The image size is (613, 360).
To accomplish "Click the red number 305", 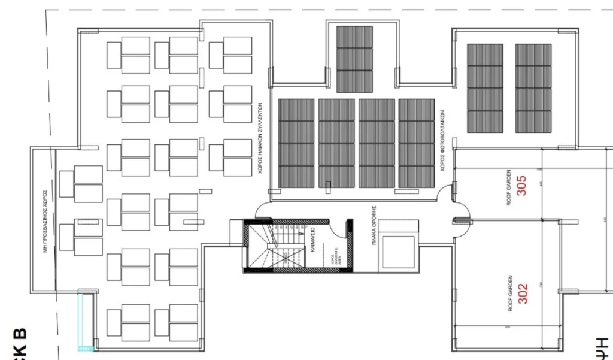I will (522, 186).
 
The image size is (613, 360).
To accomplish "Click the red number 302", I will (523, 293).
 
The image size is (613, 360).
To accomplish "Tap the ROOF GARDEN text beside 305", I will (509, 187).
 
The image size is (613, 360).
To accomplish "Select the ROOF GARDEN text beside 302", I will (510, 293).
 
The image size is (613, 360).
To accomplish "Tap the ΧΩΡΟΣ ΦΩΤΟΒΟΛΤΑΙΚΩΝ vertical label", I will (442, 141).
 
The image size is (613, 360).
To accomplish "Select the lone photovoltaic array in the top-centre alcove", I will (354, 59).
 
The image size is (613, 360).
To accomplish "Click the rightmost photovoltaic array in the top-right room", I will (533, 88).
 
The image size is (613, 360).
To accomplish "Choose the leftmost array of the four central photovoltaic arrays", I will (296, 143).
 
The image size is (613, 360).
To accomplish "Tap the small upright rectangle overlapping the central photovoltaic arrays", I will (327, 187).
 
